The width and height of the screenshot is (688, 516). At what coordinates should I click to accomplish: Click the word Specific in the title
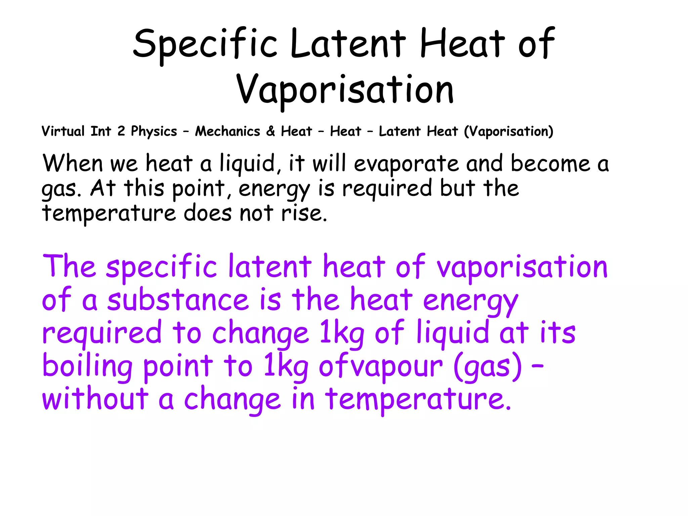[205, 44]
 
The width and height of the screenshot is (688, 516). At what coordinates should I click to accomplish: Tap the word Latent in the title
[348, 44]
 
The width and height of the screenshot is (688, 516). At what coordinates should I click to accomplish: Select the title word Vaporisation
[345, 89]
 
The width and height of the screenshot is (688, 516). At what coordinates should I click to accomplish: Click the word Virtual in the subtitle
[63, 131]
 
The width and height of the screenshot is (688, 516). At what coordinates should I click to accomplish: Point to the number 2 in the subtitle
[121, 131]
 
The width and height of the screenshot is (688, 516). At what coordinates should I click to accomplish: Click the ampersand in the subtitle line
[270, 131]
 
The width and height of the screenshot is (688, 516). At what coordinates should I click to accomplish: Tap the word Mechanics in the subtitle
[227, 131]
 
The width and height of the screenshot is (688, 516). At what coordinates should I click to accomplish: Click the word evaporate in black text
[406, 164]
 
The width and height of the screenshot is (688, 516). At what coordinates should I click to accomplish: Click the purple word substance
[178, 300]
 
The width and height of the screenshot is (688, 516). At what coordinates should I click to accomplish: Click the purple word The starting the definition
[70, 266]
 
